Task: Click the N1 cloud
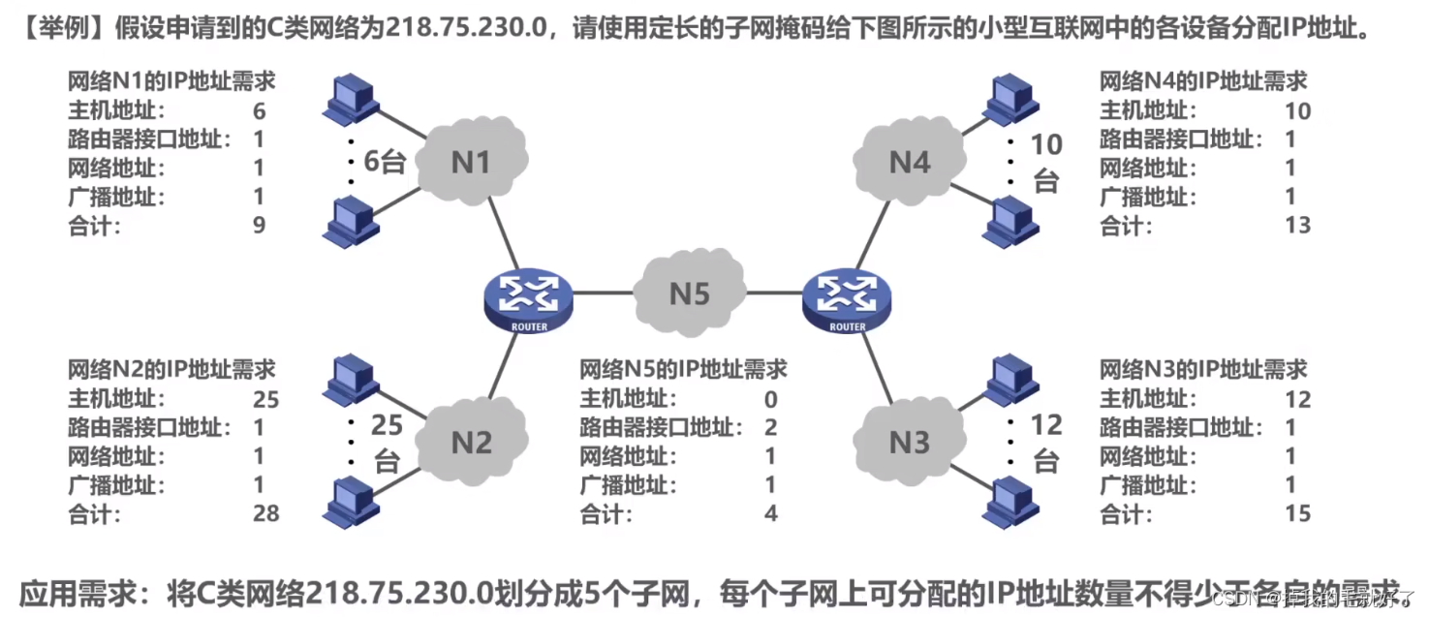tap(472, 161)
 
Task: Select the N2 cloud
tap(472, 442)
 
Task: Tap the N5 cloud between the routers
tap(690, 292)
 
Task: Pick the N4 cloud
tap(909, 161)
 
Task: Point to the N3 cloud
tap(909, 442)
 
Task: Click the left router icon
tap(528, 298)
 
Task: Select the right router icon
tap(847, 298)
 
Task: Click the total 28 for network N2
tap(264, 513)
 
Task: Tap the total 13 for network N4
tap(1296, 226)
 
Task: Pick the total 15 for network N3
tap(1296, 513)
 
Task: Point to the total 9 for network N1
tap(259, 226)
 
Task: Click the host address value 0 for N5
tap(771, 398)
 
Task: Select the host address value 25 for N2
tap(264, 398)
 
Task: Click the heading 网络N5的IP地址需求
tap(683, 369)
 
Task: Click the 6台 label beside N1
tap(384, 162)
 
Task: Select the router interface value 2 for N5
tap(771, 427)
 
